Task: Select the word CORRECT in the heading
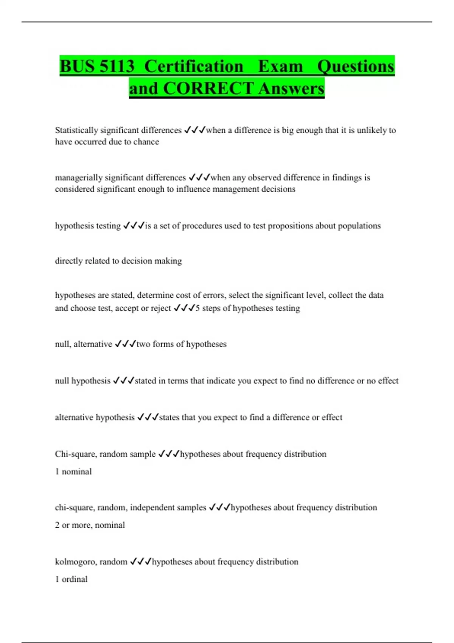pyautogui.click(x=208, y=89)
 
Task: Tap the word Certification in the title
pyautogui.click(x=194, y=67)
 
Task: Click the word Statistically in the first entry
pyautogui.click(x=76, y=130)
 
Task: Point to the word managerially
pyautogui.click(x=78, y=178)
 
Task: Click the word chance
pyautogui.click(x=146, y=142)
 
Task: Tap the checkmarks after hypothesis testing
pyautogui.click(x=134, y=226)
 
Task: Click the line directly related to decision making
pyautogui.click(x=118, y=261)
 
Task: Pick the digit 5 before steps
pyautogui.click(x=197, y=308)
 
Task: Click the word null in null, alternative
pyautogui.click(x=62, y=344)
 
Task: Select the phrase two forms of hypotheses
pyautogui.click(x=182, y=344)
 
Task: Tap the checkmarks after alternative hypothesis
pyautogui.click(x=148, y=417)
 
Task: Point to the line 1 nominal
pyautogui.click(x=73, y=472)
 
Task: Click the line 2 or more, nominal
pyautogui.click(x=90, y=525)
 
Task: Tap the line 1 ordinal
pyautogui.click(x=71, y=579)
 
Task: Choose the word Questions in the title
pyautogui.click(x=356, y=67)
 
